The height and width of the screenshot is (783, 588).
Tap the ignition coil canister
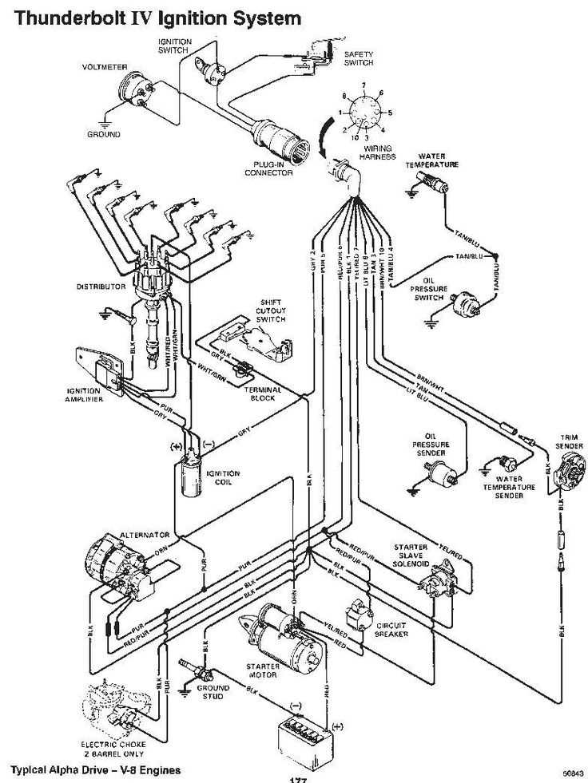pos(190,477)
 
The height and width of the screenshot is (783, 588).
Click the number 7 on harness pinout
pos(364,85)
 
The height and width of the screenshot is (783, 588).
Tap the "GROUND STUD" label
pos(213,691)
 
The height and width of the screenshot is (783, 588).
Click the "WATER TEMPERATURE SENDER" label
pos(503,488)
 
